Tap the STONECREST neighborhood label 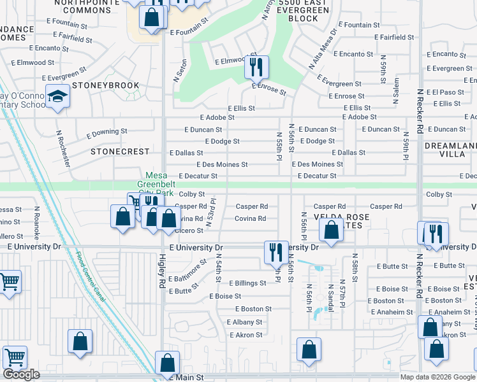coord(120,152)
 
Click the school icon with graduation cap coord(58,97)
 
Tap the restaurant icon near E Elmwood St coord(256,67)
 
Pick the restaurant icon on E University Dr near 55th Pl coord(276,252)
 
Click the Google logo coord(21,374)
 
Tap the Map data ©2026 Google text coord(437,377)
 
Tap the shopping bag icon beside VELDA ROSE coord(331,232)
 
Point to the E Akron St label coord(246,335)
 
